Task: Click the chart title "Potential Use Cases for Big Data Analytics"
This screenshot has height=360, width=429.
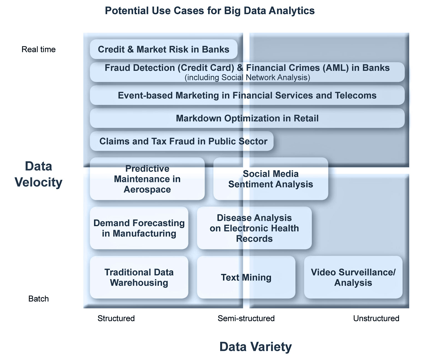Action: (x=210, y=11)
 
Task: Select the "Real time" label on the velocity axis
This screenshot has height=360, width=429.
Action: (x=39, y=49)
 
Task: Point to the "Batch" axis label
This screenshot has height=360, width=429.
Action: (x=39, y=299)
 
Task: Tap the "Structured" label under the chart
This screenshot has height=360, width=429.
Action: (x=116, y=318)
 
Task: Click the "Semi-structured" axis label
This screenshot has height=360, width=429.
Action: (x=246, y=318)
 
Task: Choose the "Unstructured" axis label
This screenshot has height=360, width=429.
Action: (x=376, y=318)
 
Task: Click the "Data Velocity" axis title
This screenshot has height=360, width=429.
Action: (x=39, y=174)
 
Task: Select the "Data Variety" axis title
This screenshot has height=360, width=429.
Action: (x=255, y=347)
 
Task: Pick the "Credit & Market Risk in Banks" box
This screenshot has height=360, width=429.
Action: (x=164, y=49)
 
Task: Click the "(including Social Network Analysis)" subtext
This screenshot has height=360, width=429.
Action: (x=247, y=77)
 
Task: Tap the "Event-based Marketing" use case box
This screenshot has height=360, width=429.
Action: (x=247, y=95)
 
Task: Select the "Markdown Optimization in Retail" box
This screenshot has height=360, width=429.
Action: (x=247, y=118)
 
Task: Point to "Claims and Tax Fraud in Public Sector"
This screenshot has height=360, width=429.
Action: (x=183, y=141)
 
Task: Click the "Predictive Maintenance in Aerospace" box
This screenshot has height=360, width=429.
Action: (x=147, y=179)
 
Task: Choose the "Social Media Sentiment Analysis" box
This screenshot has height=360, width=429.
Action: (x=271, y=179)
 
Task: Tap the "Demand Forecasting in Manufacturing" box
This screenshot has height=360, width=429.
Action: (x=139, y=228)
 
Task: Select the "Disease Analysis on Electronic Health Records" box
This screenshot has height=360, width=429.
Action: (x=254, y=228)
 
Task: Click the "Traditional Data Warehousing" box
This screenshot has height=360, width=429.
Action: (x=139, y=277)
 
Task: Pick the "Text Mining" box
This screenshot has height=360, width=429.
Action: (x=246, y=277)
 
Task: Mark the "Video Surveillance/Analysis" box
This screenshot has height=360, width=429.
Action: (x=353, y=277)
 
